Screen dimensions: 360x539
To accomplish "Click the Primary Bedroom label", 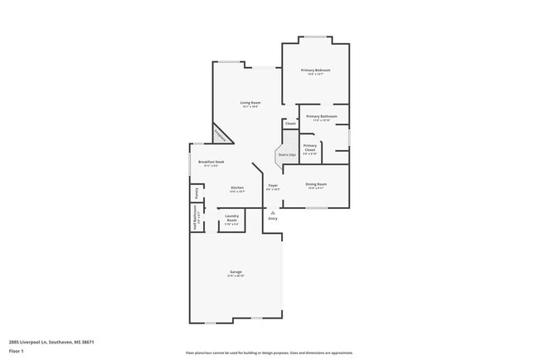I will pos(315,71).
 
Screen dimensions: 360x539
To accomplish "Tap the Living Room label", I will pos(240,103).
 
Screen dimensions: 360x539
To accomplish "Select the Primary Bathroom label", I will pos(322,117).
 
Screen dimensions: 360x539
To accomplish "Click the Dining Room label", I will pos(317,184).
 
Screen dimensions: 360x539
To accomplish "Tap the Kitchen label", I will pos(237,188).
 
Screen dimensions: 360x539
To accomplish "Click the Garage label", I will pos(236,272).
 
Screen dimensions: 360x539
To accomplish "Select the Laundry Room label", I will pos(231,220).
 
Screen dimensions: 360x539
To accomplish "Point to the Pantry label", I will pos(197,192).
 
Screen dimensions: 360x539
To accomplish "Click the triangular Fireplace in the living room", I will pos(221,134).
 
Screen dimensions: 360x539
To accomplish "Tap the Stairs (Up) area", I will pos(287,155).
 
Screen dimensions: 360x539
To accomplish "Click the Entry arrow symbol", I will pos(272,213).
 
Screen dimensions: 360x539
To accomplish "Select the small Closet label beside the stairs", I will pos(289,124).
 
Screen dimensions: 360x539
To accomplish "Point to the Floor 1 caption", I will pos(17,351).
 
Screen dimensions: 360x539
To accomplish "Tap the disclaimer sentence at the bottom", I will pos(269,353).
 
